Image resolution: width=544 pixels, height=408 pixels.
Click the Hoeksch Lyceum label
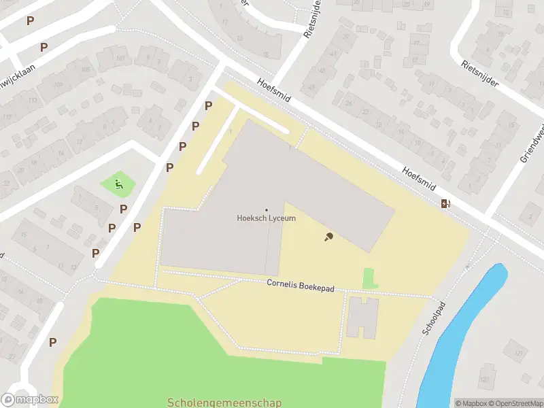pos(266,218)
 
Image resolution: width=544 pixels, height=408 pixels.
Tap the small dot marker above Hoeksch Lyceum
pos(266,209)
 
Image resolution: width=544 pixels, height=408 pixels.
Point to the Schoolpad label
pos(432,318)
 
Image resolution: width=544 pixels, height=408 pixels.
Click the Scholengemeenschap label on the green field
pos(224,403)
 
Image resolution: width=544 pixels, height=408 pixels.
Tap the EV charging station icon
pos(445,203)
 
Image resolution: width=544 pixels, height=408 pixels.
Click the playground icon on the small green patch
pos(118,183)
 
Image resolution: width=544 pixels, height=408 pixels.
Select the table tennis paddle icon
pos(328,237)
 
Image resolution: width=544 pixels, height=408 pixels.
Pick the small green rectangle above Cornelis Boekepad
pos(369,278)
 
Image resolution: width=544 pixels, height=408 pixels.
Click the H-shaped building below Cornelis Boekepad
pos(362,317)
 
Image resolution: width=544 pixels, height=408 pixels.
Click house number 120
pos(484,379)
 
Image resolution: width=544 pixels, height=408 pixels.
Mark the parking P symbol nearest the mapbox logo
pos(52,342)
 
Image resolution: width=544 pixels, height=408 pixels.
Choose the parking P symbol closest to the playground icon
pos(124,209)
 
